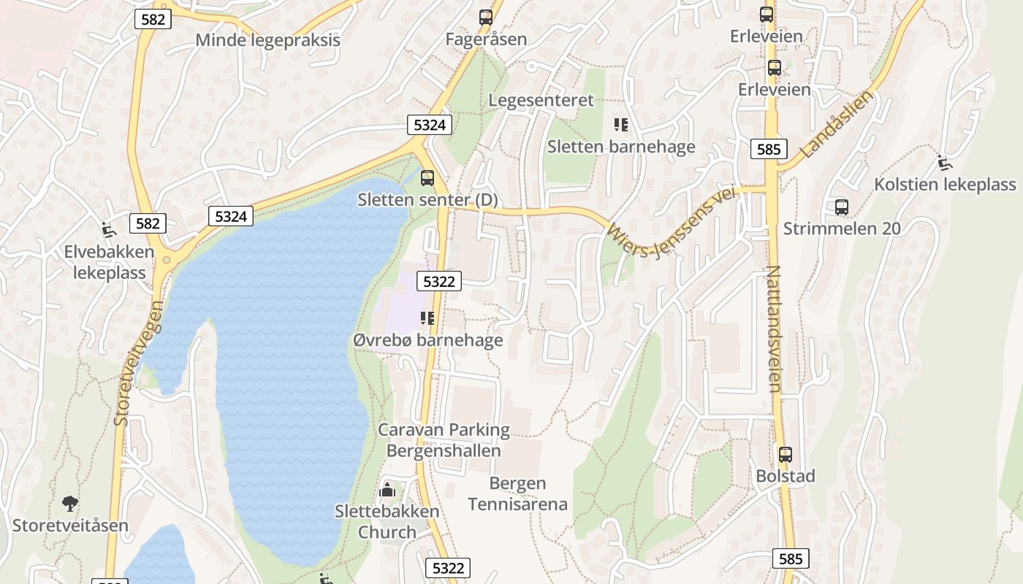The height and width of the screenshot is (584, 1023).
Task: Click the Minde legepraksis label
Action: (267, 39)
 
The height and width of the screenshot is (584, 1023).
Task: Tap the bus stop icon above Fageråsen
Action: (486, 17)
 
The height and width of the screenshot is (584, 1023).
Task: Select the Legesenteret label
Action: (541, 100)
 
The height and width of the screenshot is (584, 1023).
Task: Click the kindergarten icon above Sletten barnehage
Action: (621, 125)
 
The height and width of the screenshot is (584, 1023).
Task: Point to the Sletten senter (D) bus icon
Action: (427, 177)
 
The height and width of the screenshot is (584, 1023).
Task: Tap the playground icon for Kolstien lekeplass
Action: (944, 162)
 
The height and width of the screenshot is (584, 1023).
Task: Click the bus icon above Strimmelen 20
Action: (842, 207)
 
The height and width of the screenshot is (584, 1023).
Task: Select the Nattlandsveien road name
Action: (774, 328)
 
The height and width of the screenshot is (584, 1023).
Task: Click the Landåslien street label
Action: (837, 124)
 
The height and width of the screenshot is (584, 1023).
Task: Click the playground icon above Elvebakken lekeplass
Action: (109, 230)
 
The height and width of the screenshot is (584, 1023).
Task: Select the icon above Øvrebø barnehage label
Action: (427, 318)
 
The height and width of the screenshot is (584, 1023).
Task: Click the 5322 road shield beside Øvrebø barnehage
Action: (439, 281)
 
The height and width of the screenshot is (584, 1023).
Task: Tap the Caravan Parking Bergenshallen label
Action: (444, 439)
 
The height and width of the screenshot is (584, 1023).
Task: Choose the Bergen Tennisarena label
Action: (517, 493)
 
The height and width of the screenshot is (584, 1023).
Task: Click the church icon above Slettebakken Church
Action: (387, 490)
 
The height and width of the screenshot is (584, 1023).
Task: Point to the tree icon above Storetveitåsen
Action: (70, 503)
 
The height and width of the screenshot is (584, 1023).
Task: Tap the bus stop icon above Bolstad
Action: (786, 455)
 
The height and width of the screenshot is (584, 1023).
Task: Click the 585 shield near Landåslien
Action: (769, 150)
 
